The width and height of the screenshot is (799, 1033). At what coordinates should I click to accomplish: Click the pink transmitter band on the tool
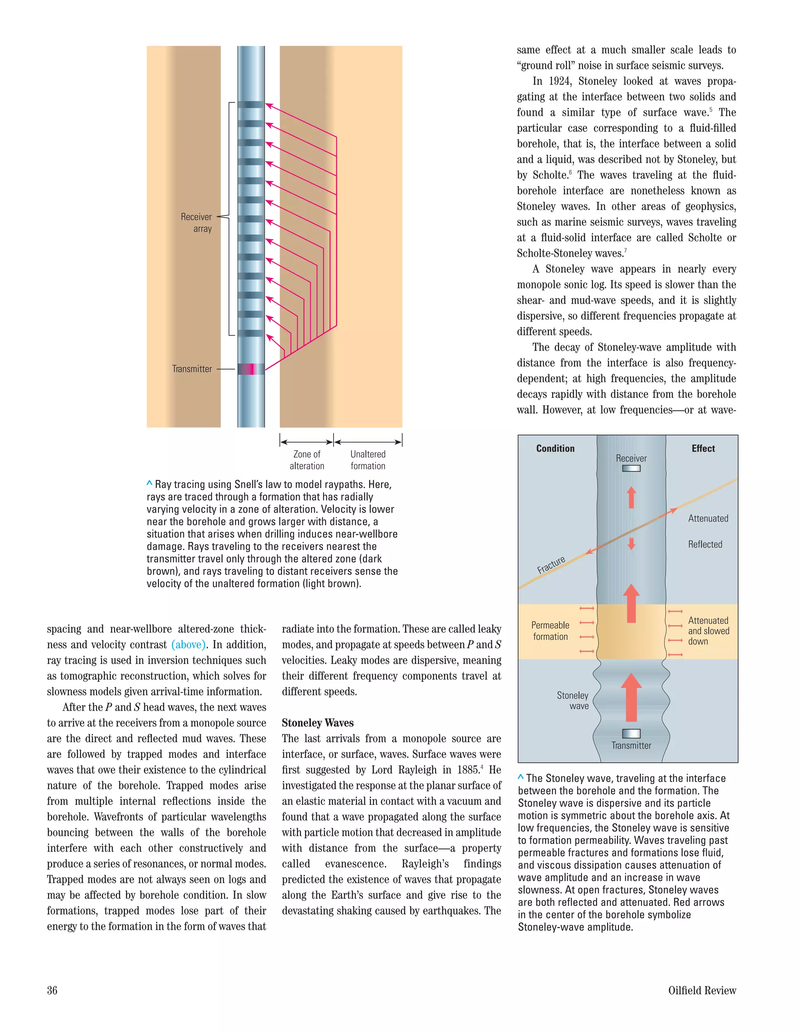click(x=251, y=369)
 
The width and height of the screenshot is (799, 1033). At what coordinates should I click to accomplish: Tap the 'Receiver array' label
click(x=197, y=223)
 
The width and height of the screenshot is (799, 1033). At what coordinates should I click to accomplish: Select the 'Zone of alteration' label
click(x=307, y=460)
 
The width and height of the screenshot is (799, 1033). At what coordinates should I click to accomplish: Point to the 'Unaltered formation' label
click(x=368, y=460)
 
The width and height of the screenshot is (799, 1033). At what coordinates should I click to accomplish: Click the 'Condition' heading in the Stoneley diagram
click(x=555, y=448)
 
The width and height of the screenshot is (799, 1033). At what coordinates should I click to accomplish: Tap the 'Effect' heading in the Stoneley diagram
click(x=703, y=448)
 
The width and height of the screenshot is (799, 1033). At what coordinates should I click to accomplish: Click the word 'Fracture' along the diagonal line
click(x=551, y=565)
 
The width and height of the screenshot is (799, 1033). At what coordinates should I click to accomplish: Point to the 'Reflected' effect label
click(x=705, y=545)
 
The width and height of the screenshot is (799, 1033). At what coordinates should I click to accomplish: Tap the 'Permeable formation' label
click(x=550, y=631)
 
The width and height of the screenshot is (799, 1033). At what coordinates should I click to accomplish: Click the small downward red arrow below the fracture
click(x=631, y=544)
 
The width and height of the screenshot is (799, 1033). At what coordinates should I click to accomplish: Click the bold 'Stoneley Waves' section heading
click(x=318, y=723)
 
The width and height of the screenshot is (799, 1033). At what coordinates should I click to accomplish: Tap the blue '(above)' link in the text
click(x=188, y=645)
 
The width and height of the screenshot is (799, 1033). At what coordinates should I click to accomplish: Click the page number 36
click(x=52, y=991)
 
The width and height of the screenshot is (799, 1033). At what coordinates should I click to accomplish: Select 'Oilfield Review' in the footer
click(x=702, y=991)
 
